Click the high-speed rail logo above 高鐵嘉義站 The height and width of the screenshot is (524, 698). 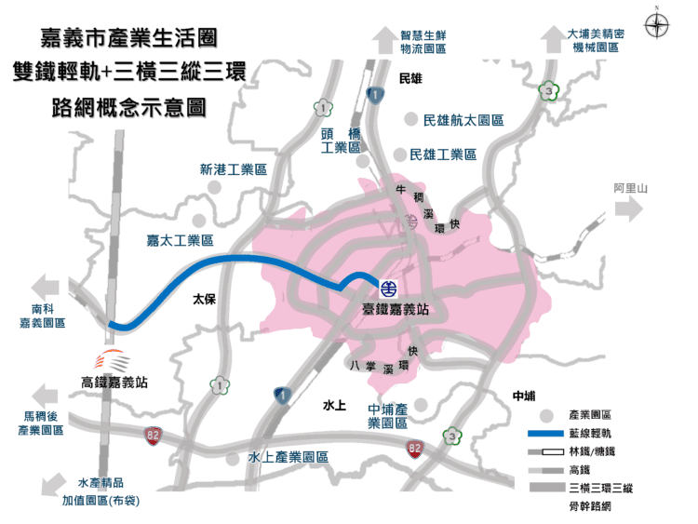[114, 358]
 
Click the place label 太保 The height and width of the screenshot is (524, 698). [204, 301]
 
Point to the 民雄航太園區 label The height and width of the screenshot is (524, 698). [463, 121]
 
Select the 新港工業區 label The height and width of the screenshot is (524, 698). [233, 170]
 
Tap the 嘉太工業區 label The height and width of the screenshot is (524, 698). [180, 240]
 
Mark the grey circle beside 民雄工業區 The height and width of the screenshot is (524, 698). [401, 155]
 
